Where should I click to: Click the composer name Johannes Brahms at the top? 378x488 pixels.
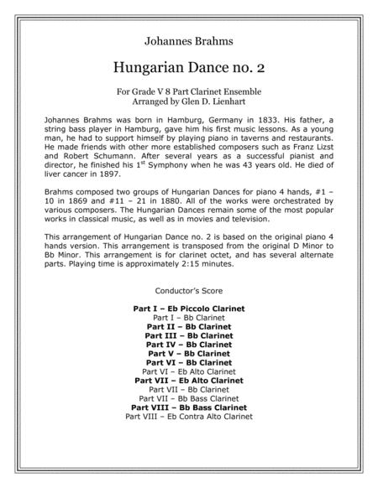(x=188, y=39)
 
